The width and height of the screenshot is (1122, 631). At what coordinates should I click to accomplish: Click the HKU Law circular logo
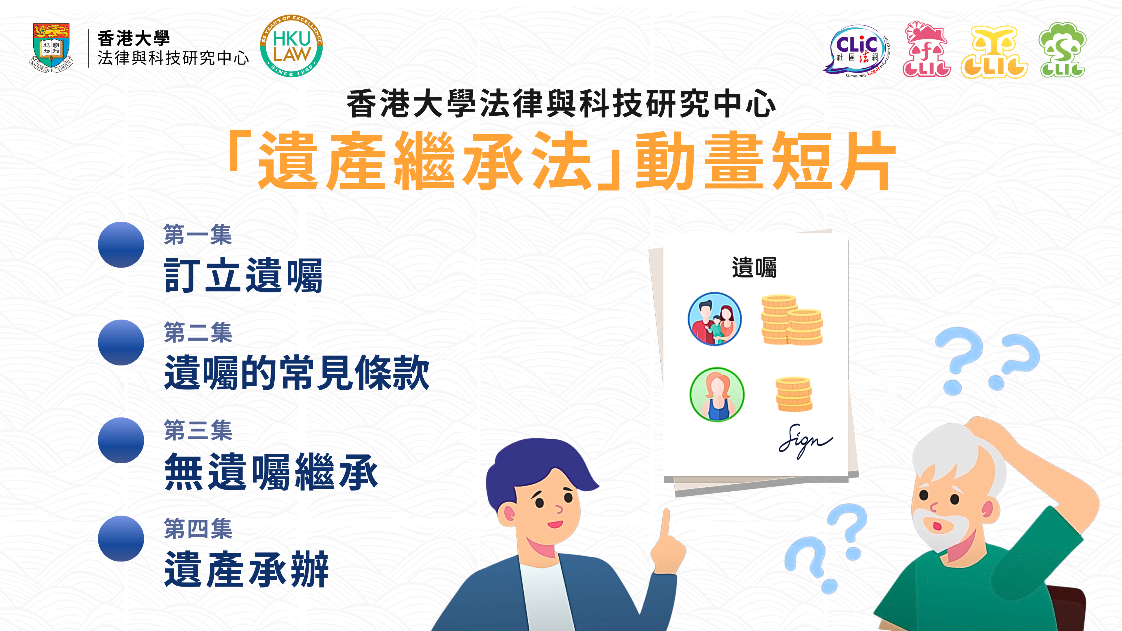291,46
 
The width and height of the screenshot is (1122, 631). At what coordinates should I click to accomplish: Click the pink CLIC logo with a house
926,50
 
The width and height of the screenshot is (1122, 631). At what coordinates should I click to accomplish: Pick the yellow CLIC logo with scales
994,52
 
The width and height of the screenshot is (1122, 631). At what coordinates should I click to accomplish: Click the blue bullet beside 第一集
121,245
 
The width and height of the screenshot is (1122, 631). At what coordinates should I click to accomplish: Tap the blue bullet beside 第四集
121,539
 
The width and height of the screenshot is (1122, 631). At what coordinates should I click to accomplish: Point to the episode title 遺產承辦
247,569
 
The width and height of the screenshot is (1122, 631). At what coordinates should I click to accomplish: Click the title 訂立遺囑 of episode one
243,275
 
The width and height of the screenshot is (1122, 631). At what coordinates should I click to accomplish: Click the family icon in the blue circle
714,319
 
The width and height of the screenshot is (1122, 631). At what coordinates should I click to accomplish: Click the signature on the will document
805,441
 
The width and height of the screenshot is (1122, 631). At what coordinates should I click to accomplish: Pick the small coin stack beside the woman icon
794,394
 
